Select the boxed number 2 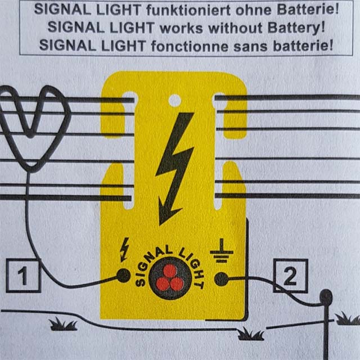click(x=290, y=276)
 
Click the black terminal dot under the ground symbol click(x=221, y=278)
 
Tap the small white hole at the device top click(x=175, y=101)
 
